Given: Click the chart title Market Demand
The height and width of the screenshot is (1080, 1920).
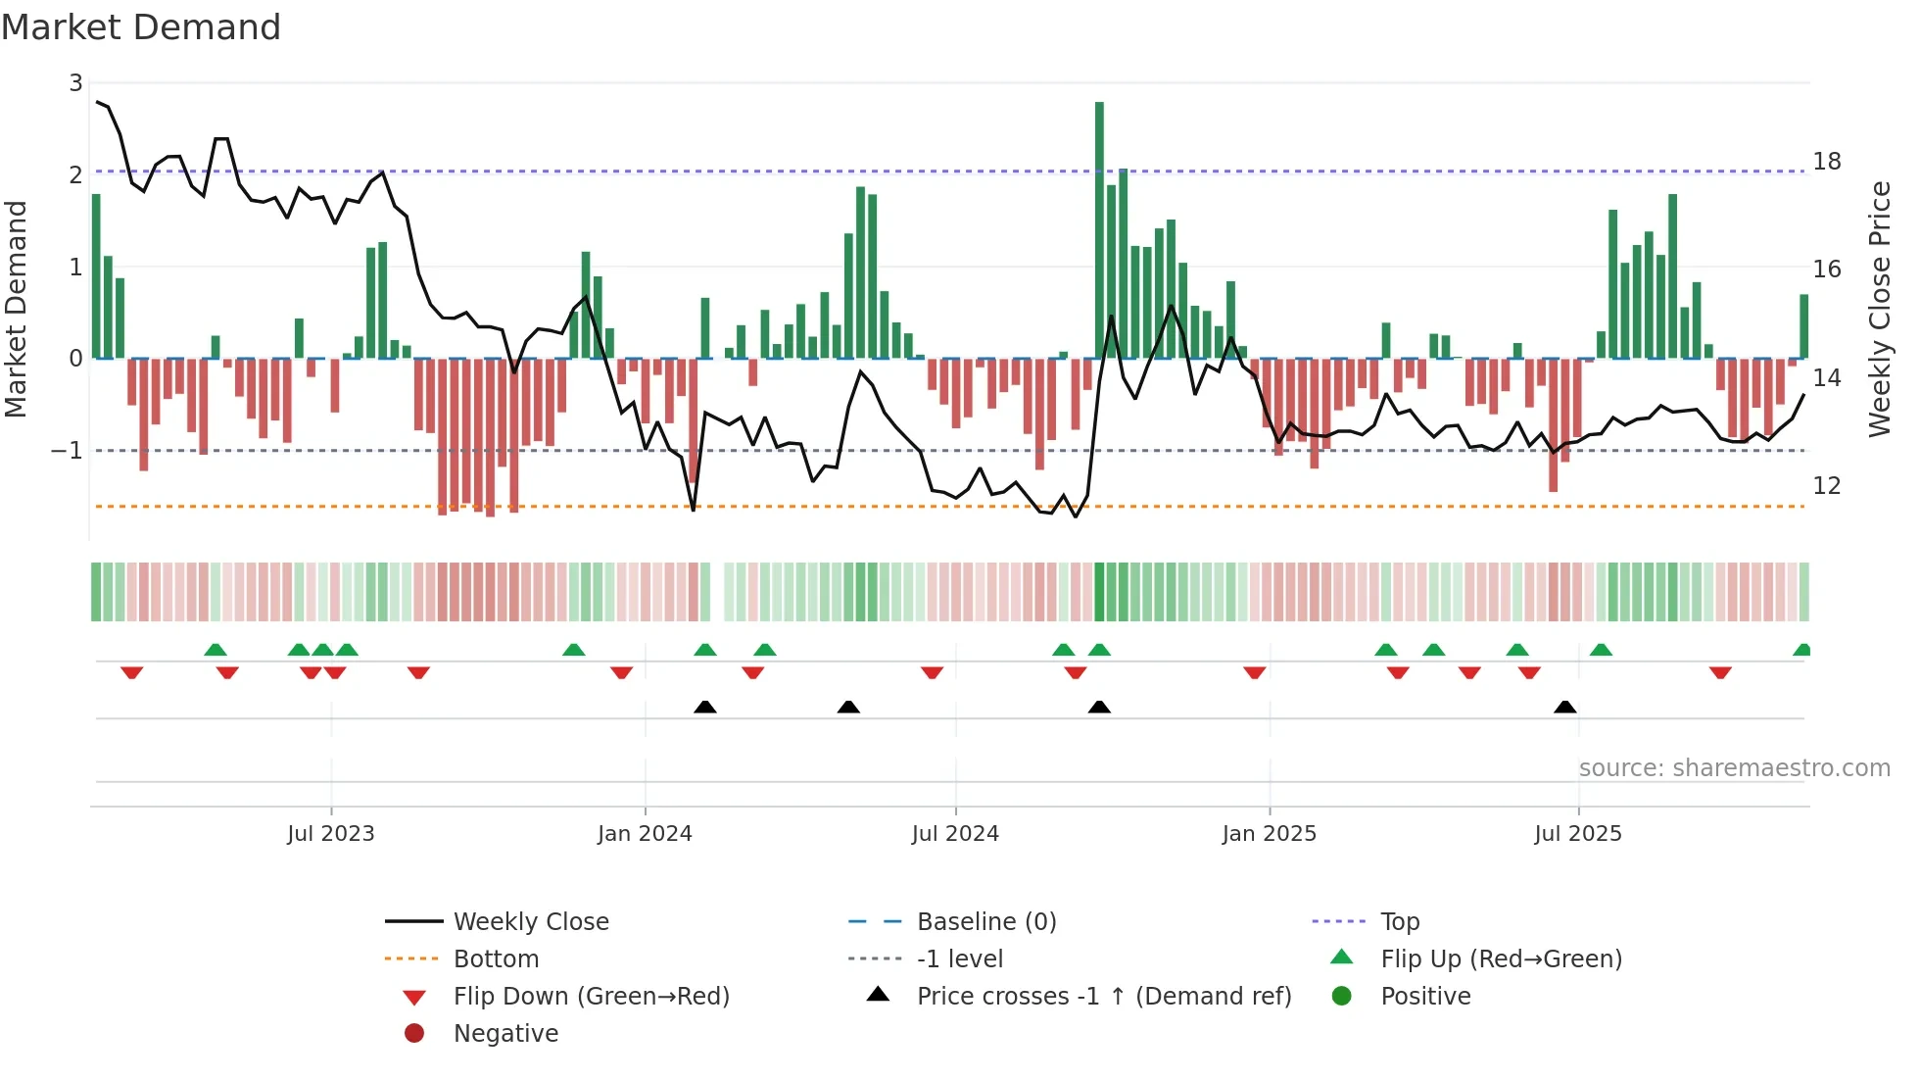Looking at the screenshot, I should [141, 27].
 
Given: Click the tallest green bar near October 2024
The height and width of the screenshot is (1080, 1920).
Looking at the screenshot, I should [1099, 229].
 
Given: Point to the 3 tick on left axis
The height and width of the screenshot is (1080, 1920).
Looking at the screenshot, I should [75, 83].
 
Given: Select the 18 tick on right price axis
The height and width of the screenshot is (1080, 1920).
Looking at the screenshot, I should [1827, 162].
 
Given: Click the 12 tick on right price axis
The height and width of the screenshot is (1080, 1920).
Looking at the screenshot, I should [1827, 486].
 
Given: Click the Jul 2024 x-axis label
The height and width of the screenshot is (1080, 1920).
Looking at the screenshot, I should [955, 834].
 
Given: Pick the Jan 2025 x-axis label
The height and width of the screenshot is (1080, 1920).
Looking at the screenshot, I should [1270, 834].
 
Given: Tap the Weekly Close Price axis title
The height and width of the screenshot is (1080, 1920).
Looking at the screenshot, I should [1879, 309].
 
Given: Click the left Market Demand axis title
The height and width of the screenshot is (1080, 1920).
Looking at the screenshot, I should [16, 309].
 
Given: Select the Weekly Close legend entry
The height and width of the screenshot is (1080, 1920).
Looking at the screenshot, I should [530, 922].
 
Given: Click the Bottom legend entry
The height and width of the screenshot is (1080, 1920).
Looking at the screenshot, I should [496, 959].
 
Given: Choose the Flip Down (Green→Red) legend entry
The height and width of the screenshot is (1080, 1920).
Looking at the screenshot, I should [591, 997].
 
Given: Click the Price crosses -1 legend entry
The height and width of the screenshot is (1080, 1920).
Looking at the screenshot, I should [1103, 997].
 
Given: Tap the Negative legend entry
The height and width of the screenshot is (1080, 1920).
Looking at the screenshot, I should [505, 1034].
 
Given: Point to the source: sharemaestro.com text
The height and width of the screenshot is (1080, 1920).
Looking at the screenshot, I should [1734, 768].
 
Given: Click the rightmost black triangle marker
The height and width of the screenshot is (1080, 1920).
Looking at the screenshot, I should [1565, 707].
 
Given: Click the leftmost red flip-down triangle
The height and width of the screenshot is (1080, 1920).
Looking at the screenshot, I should [132, 672].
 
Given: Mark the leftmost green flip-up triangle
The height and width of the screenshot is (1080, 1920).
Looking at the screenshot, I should [216, 649].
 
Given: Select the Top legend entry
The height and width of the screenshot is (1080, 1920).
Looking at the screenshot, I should [1399, 922].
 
